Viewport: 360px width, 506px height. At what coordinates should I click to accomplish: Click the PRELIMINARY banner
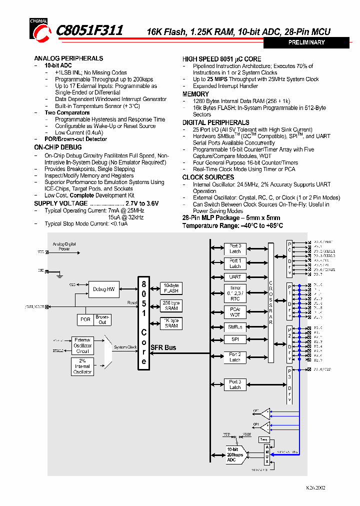[x=306, y=42]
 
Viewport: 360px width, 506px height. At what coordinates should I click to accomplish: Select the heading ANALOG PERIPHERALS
[x=68, y=58]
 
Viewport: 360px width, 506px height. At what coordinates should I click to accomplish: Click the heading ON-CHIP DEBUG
[x=57, y=147]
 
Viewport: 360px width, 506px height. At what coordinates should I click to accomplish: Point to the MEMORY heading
[x=195, y=94]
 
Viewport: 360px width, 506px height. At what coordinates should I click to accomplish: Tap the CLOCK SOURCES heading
[x=208, y=177]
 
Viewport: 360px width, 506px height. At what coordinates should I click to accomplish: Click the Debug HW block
[x=103, y=289]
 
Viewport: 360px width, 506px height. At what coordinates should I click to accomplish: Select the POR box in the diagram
[x=85, y=319]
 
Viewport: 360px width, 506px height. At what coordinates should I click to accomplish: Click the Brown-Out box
[x=102, y=319]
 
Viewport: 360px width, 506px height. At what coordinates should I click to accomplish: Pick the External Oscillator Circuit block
[x=82, y=345]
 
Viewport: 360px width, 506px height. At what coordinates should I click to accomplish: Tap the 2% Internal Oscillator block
[x=82, y=366]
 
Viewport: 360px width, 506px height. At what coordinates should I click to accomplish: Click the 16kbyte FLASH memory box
[x=171, y=288]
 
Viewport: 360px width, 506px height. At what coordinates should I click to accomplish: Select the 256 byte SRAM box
[x=171, y=305]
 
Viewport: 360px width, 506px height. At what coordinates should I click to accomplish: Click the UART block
[x=235, y=276]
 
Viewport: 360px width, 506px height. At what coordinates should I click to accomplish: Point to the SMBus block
[x=235, y=327]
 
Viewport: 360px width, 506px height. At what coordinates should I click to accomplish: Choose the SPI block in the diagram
[x=235, y=339]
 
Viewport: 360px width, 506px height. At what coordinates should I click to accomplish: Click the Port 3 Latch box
[x=235, y=384]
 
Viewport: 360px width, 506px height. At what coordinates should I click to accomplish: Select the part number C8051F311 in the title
[x=90, y=31]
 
